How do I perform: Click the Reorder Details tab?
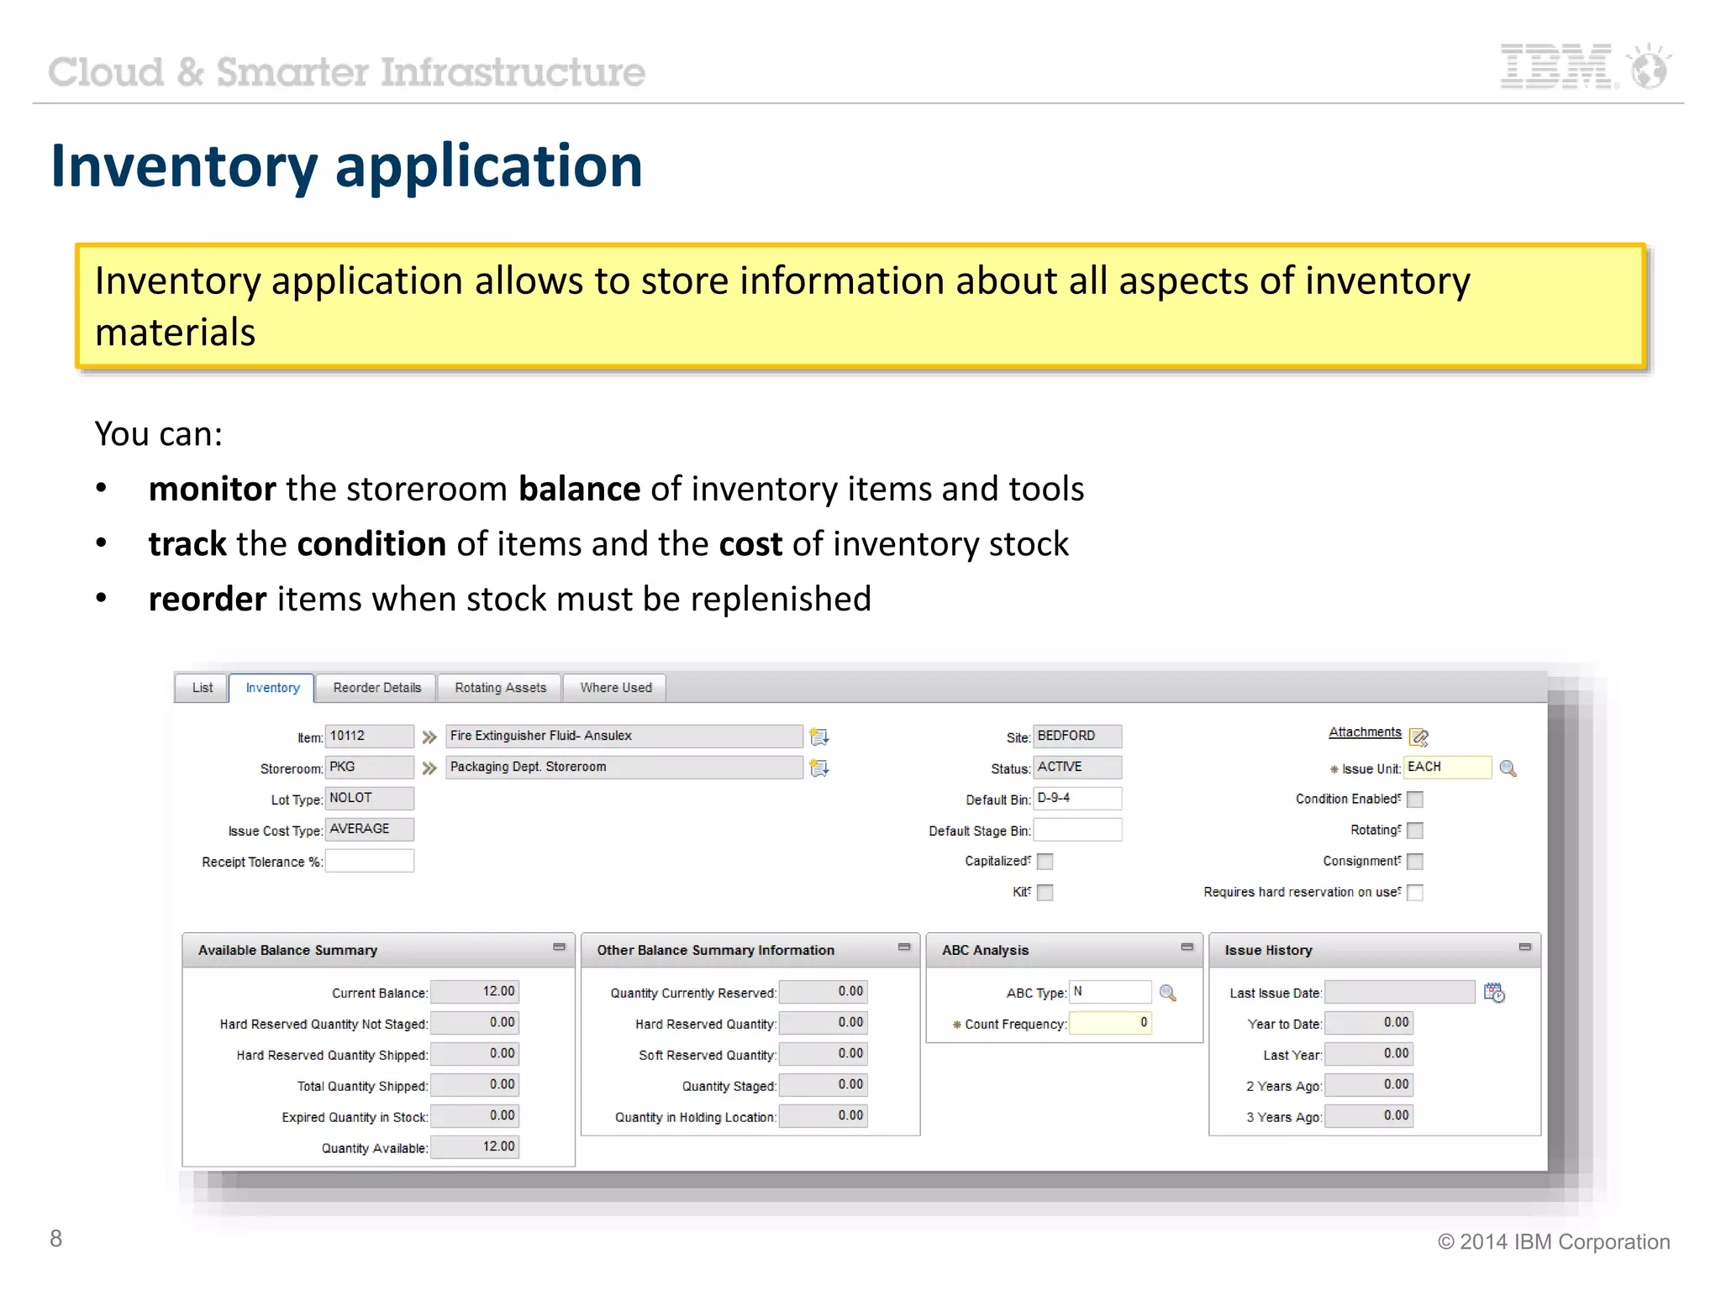click(x=376, y=688)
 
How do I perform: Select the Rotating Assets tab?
click(x=500, y=688)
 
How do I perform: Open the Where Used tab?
click(x=615, y=688)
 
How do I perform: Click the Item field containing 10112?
click(x=369, y=737)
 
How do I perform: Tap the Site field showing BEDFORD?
click(x=1076, y=737)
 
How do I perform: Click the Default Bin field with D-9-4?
click(x=1076, y=799)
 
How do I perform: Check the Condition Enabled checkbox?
click(x=1415, y=800)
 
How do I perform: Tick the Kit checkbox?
click(x=1045, y=893)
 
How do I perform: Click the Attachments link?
click(x=1365, y=732)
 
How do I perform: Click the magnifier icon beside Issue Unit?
click(x=1508, y=768)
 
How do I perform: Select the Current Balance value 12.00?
click(x=475, y=992)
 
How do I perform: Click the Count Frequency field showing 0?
click(x=1109, y=1023)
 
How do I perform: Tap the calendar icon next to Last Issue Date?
click(x=1494, y=993)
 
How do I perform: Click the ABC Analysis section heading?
click(x=985, y=951)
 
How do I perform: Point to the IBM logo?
click(x=1558, y=67)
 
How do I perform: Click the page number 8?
click(x=56, y=1239)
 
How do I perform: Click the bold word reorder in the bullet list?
click(x=208, y=600)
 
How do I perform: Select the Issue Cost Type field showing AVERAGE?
click(x=369, y=830)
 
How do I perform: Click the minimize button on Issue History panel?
click(x=1524, y=947)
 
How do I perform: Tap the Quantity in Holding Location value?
click(x=823, y=1116)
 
